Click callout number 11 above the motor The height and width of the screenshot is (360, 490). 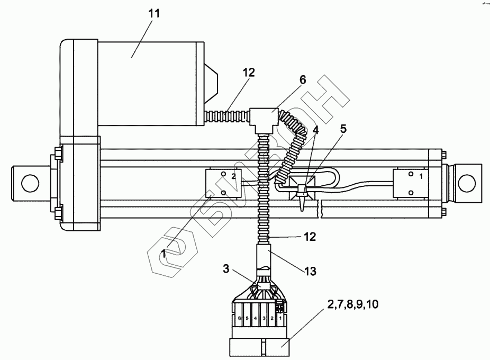click(154, 13)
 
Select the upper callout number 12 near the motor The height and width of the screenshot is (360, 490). click(249, 73)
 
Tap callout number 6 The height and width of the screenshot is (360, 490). click(303, 80)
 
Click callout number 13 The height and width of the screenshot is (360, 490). click(310, 272)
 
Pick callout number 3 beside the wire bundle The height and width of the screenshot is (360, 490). click(226, 268)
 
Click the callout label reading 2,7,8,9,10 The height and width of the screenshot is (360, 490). click(353, 304)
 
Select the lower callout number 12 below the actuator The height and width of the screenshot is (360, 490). click(310, 237)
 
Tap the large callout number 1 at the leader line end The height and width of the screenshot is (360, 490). click(164, 254)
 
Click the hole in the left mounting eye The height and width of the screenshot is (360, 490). click(30, 183)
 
